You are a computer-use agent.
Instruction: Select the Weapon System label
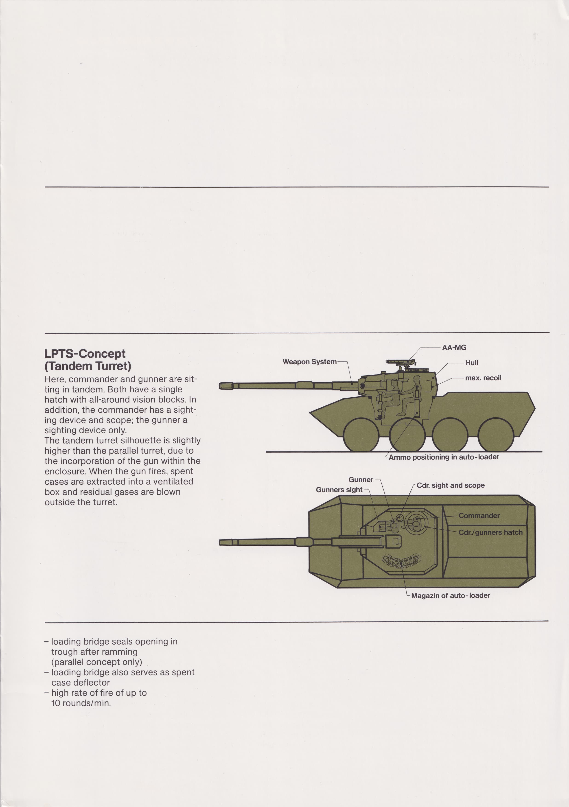[x=309, y=362]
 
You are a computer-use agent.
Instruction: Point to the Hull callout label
[x=471, y=363]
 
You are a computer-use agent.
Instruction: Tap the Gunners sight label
[x=339, y=490]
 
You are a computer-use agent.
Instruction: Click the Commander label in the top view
[x=479, y=516]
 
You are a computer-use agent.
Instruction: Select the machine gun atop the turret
[x=400, y=362]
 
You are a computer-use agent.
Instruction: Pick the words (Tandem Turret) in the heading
[x=88, y=366]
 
